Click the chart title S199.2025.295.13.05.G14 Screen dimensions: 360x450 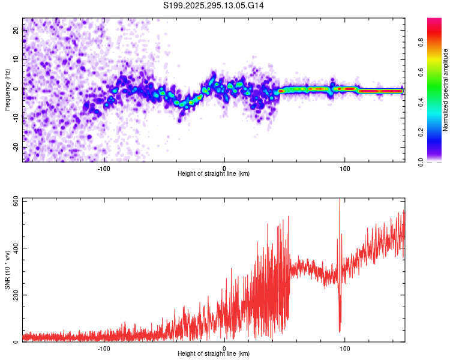point(214,5)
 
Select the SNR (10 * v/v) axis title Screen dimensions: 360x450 point(7,270)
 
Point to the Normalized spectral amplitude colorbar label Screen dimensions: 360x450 point(446,90)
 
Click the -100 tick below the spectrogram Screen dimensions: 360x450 point(104,168)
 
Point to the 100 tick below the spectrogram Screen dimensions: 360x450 point(345,168)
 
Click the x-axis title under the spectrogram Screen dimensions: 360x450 point(214,174)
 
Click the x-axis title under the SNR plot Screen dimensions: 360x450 point(214,354)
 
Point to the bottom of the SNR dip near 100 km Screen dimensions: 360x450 point(340,332)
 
